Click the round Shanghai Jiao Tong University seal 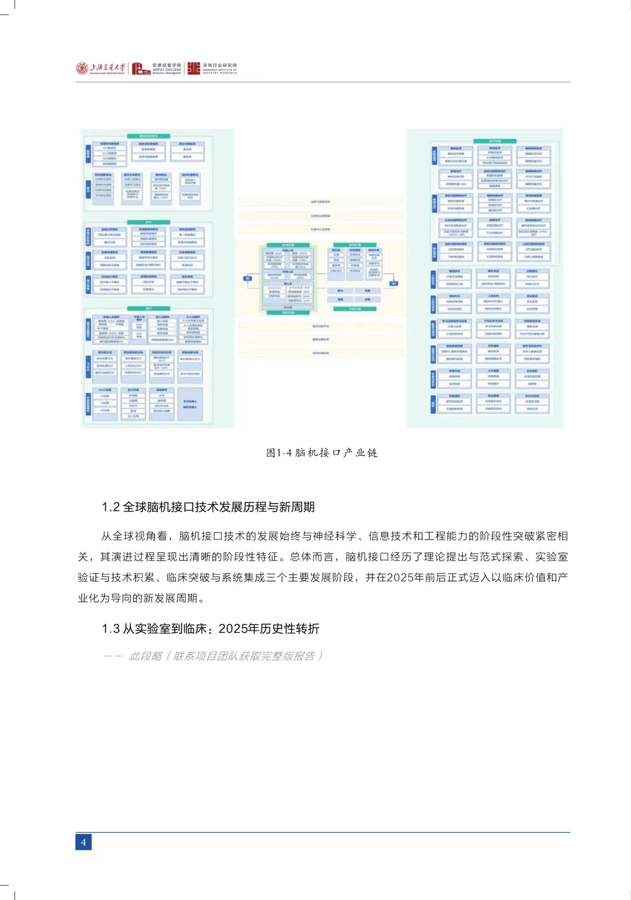pyautogui.click(x=82, y=68)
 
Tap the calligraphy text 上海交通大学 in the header pyautogui.click(x=108, y=68)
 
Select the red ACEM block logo pyautogui.click(x=141, y=69)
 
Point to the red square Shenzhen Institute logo pyautogui.click(x=193, y=68)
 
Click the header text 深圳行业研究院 pyautogui.click(x=220, y=65)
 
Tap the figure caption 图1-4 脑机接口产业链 pyautogui.click(x=322, y=453)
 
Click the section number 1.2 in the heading pyautogui.click(x=110, y=507)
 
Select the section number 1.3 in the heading pyautogui.click(x=110, y=629)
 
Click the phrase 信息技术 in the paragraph pyautogui.click(x=390, y=536)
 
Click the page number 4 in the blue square pyautogui.click(x=84, y=842)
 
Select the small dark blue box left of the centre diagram pyautogui.click(x=247, y=278)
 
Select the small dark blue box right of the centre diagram pyautogui.click(x=394, y=284)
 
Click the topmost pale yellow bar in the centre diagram pyautogui.click(x=320, y=202)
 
